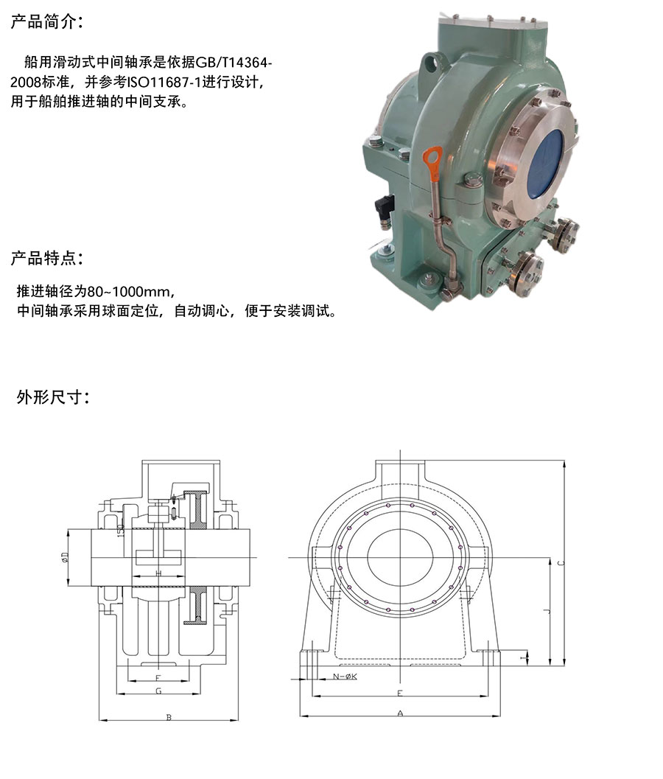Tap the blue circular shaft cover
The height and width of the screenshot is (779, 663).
(x=544, y=164)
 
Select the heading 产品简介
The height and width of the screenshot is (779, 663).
(x=46, y=22)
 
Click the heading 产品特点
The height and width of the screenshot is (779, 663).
(x=46, y=259)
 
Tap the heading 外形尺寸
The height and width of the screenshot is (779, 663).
(x=52, y=397)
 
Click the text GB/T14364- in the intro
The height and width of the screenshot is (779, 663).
(x=234, y=63)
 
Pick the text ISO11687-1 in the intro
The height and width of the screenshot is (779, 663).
(x=164, y=83)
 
